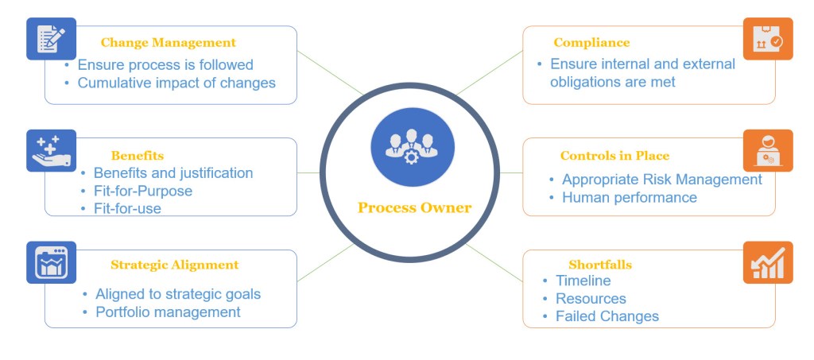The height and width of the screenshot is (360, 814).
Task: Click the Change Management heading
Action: pyautogui.click(x=168, y=43)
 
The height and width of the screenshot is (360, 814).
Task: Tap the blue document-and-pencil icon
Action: pyautogui.click(x=51, y=38)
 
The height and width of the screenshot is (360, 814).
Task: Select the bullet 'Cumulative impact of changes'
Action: pyautogui.click(x=176, y=83)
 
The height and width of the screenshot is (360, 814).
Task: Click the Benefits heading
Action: pyautogui.click(x=138, y=155)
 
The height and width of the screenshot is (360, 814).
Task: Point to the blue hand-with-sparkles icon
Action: pyautogui.click(x=51, y=150)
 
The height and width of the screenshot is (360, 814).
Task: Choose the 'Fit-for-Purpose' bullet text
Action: pyautogui.click(x=143, y=191)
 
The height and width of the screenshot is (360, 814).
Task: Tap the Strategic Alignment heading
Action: pyautogui.click(x=174, y=265)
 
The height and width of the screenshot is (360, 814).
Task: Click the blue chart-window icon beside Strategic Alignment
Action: pyautogui.click(x=51, y=262)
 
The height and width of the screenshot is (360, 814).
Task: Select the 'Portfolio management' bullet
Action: pyautogui.click(x=168, y=312)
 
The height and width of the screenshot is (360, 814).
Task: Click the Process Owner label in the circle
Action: pyautogui.click(x=414, y=208)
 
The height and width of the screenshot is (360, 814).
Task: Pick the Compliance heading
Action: pyautogui.click(x=591, y=43)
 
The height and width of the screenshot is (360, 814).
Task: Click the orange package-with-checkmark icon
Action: pyautogui.click(x=767, y=38)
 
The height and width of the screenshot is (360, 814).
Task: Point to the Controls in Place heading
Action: pyautogui.click(x=614, y=156)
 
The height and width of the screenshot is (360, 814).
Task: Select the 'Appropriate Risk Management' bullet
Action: pyautogui.click(x=661, y=180)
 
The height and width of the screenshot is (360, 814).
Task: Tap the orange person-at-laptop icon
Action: pyautogui.click(x=767, y=150)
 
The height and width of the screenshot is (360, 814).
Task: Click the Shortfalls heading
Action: pyautogui.click(x=600, y=265)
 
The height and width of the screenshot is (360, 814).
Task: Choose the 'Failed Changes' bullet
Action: pyautogui.click(x=607, y=316)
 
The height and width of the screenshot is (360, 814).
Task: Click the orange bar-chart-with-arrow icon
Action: pyautogui.click(x=767, y=262)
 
